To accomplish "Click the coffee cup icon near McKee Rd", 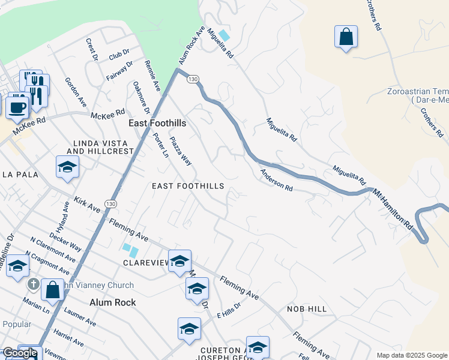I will [17, 107].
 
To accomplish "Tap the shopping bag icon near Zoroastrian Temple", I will [346, 37].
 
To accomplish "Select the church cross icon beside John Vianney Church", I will [34, 283].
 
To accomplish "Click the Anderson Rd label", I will [276, 179].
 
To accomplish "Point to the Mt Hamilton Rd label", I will [394, 208].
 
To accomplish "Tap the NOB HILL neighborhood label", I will [306, 308].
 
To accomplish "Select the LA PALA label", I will [20, 175].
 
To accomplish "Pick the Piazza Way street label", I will [180, 152].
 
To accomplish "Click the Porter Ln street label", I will [160, 145].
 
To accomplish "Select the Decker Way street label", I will [65, 239].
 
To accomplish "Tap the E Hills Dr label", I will [229, 310].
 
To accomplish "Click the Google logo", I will [20, 353].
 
